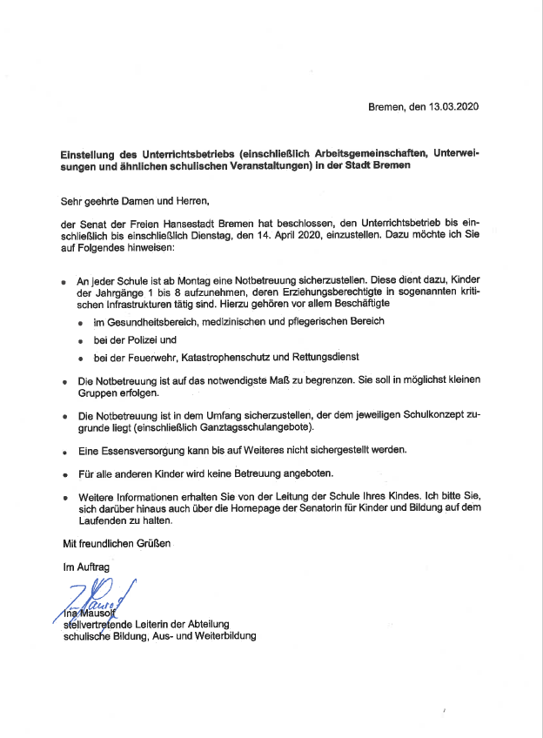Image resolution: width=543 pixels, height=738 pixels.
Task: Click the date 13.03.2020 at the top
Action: click(453, 106)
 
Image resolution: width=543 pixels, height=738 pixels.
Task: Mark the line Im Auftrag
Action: click(85, 567)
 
